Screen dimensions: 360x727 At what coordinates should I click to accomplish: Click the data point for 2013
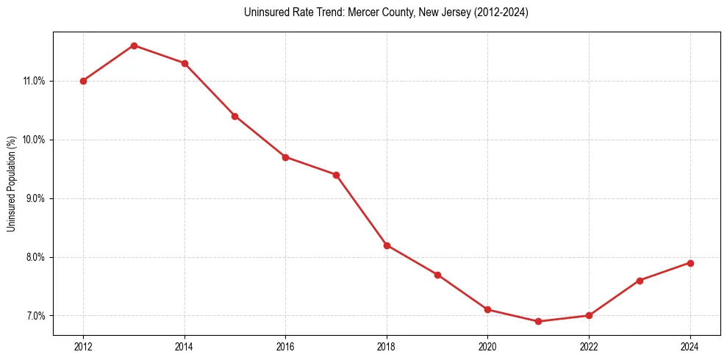point(134,46)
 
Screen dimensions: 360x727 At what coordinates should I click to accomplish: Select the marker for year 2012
point(83,81)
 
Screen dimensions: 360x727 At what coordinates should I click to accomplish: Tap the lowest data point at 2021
point(538,321)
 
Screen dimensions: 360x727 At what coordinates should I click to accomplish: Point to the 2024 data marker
point(690,263)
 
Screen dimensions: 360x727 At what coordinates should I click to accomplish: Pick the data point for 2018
point(387,245)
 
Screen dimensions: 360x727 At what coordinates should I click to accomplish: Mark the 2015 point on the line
point(234,116)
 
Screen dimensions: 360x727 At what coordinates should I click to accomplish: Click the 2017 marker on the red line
point(336,175)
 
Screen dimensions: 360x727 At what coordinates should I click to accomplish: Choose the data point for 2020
point(487,309)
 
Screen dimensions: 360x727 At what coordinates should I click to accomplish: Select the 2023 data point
point(640,281)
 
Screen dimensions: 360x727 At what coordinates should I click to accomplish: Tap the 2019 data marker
point(437,275)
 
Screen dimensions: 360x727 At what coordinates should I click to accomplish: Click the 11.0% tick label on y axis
point(34,81)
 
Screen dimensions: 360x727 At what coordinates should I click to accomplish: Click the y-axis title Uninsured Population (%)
point(11,184)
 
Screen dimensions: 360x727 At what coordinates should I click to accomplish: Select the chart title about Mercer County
point(386,12)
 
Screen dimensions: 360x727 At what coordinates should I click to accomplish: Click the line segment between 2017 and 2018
point(361,210)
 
